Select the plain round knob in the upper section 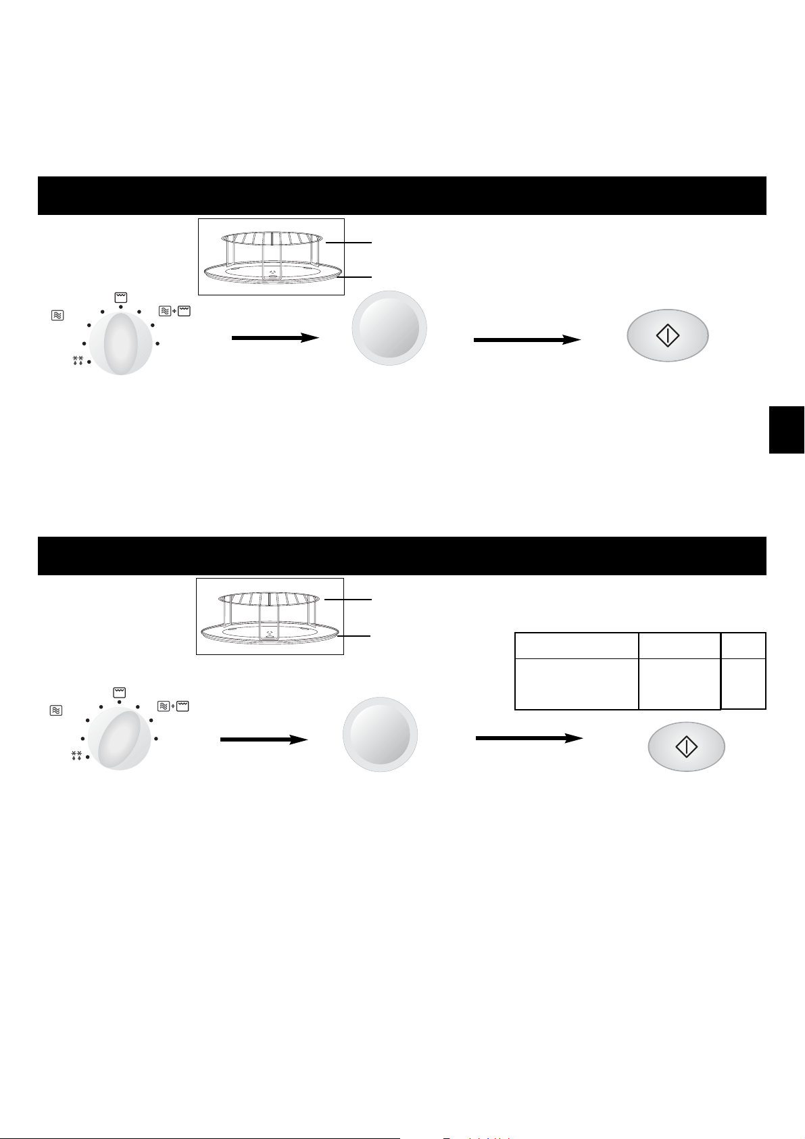click(x=389, y=329)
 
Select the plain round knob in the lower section click(x=380, y=735)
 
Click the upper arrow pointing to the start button click(x=527, y=340)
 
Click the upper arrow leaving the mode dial click(x=274, y=337)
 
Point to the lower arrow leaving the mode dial click(x=264, y=740)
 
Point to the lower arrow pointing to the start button click(x=529, y=739)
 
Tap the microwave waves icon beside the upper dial click(x=57, y=315)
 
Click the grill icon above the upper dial click(x=120, y=297)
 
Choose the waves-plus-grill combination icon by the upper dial click(x=174, y=311)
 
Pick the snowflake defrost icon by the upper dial click(x=77, y=360)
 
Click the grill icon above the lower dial click(x=119, y=692)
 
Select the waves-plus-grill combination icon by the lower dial click(x=173, y=706)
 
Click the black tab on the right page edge click(x=787, y=429)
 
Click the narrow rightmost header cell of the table click(x=743, y=646)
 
